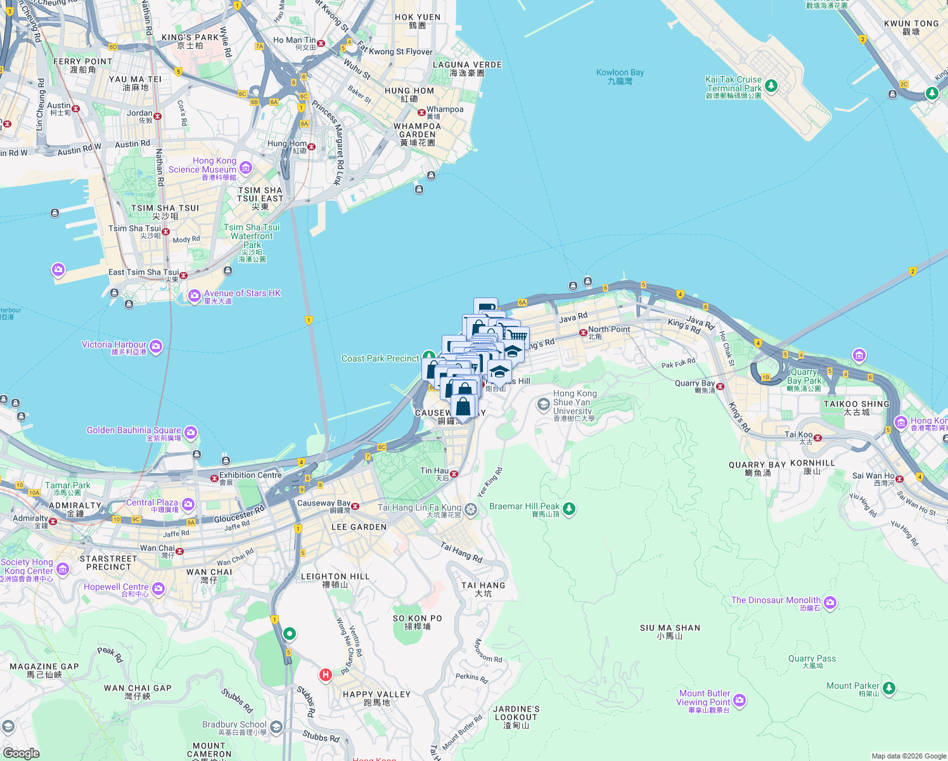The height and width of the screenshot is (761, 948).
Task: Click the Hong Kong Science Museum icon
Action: (x=246, y=168)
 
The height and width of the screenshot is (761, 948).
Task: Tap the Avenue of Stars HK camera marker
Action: (x=195, y=296)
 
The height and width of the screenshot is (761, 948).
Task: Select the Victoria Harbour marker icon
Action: (x=156, y=347)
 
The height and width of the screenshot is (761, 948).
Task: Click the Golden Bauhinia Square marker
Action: (x=191, y=433)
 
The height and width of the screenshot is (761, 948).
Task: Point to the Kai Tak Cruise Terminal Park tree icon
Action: (x=771, y=85)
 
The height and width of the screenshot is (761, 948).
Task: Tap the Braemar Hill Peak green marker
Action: (x=569, y=508)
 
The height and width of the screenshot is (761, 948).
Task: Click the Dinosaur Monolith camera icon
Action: (x=830, y=602)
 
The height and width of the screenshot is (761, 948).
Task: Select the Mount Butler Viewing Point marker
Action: (x=740, y=701)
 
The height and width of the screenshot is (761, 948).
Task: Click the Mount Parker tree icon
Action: (x=888, y=687)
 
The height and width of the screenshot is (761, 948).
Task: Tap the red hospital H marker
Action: (x=326, y=675)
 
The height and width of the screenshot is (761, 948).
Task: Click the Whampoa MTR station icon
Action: (x=421, y=112)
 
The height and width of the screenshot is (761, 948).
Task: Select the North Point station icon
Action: (x=583, y=332)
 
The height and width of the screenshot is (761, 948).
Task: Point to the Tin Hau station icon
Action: (x=454, y=474)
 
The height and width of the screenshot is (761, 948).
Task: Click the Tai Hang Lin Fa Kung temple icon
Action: (x=470, y=509)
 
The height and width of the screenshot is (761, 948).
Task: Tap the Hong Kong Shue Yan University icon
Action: (x=543, y=404)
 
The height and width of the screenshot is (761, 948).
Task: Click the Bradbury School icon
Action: (x=276, y=727)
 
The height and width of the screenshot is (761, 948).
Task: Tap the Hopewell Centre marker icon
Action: (x=158, y=589)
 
